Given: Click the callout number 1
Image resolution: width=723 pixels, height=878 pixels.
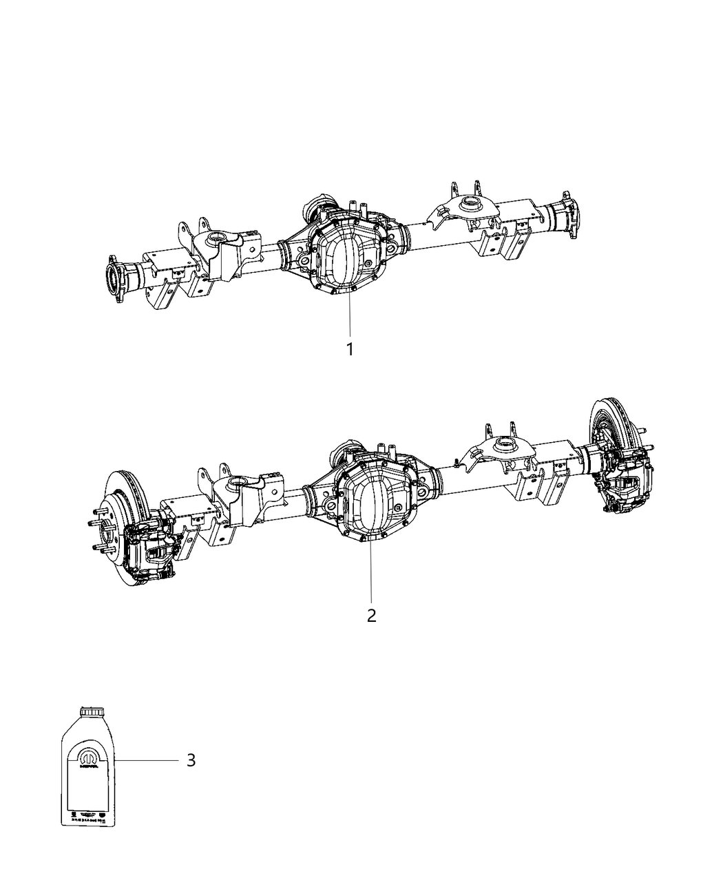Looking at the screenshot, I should click(x=350, y=350).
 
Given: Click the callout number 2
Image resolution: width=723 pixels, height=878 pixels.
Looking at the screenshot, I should click(x=372, y=615).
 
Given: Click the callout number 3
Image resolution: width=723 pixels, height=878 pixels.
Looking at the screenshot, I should click(x=191, y=760).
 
